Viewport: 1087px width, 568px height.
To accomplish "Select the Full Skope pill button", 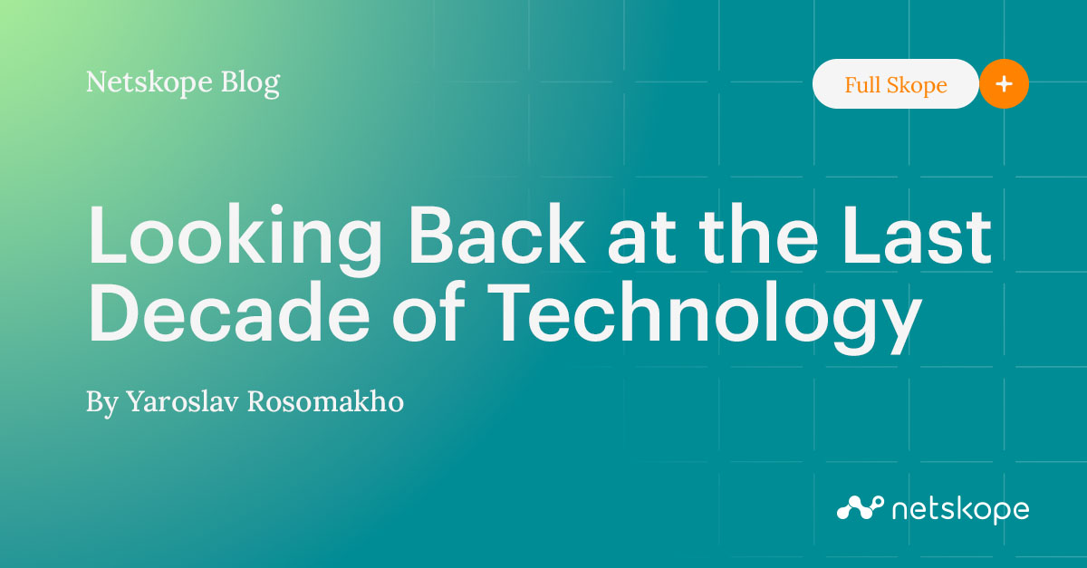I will pyautogui.click(x=895, y=85).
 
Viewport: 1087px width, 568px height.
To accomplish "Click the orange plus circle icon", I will pyautogui.click(x=1004, y=84).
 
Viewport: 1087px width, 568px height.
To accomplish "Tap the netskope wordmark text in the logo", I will pyautogui.click(x=960, y=509).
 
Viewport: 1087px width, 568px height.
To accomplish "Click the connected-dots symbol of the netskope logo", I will pyautogui.click(x=860, y=507).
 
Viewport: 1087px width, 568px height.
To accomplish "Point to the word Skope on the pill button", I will pyautogui.click(x=918, y=85).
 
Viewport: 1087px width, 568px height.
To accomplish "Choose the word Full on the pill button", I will pyautogui.click(x=863, y=85).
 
